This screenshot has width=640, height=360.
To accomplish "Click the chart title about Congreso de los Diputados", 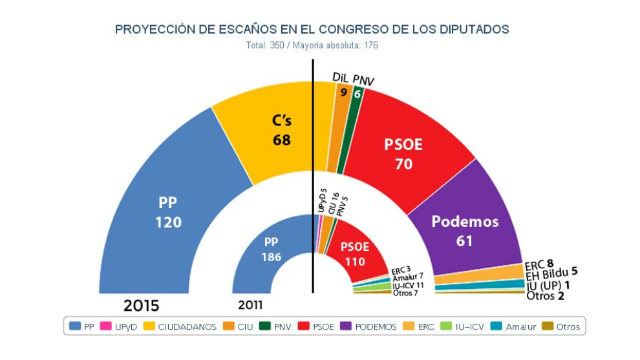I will tap(312, 29).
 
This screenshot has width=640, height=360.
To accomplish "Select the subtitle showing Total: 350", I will tap(312, 46).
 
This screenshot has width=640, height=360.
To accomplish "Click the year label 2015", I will tap(142, 305).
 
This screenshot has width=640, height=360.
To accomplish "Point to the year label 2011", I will tap(250, 305).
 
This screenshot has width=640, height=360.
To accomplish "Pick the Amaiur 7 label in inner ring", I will tap(408, 276).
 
